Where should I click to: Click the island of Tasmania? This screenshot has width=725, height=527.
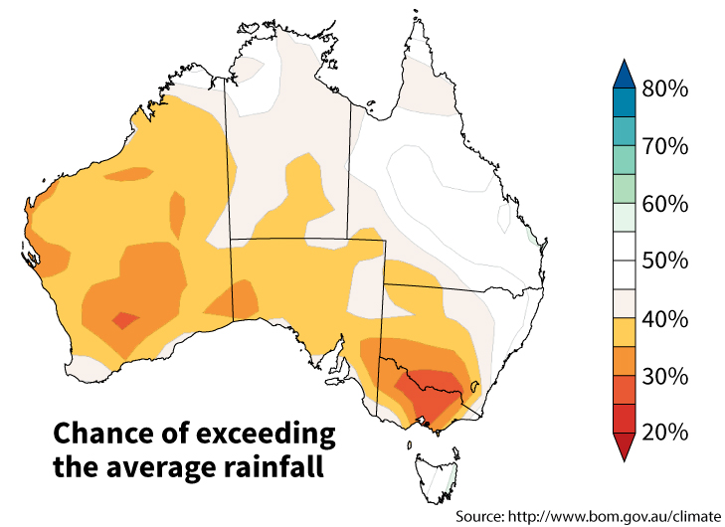point(437,468)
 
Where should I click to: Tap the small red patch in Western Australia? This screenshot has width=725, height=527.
point(125,319)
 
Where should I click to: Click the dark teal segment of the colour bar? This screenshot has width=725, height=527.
point(622,102)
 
